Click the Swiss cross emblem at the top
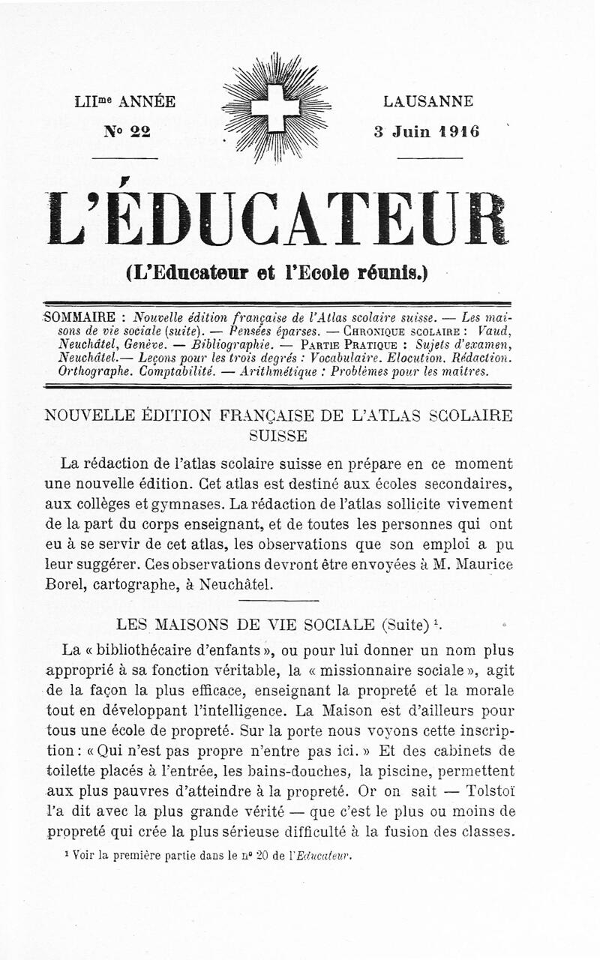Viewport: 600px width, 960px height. tap(275, 108)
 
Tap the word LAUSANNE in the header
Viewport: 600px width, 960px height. tap(428, 101)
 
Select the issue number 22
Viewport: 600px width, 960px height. tap(139, 131)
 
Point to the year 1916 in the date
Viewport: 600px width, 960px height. tap(460, 131)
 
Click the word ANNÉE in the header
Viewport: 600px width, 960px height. tap(147, 101)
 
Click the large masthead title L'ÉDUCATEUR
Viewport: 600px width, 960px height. tap(277, 219)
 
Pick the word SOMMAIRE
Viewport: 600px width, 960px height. tap(80, 316)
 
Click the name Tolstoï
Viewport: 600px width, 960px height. tap(490, 790)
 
